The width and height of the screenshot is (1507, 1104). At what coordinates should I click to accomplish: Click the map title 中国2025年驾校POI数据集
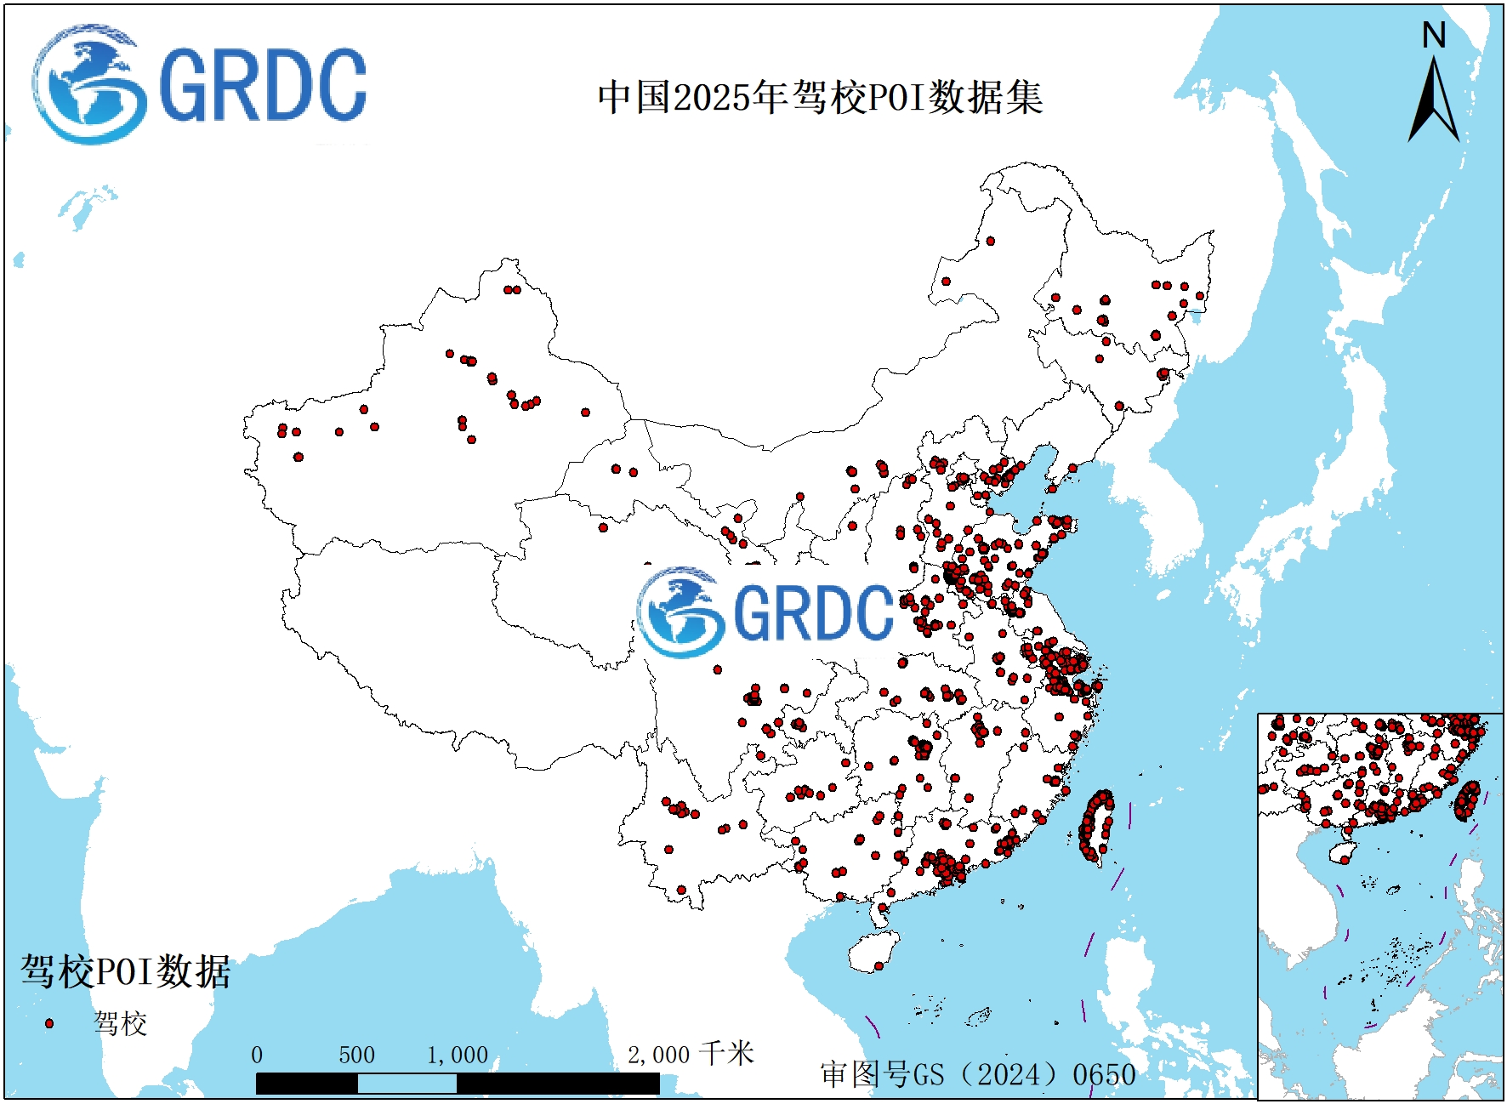[820, 97]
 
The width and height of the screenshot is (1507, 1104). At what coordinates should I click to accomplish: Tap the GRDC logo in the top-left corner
[201, 85]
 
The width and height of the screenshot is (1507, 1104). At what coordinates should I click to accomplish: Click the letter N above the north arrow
[1434, 36]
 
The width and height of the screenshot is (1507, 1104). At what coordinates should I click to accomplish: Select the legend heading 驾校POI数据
[126, 971]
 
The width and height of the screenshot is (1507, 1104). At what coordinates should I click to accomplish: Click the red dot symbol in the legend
[49, 1023]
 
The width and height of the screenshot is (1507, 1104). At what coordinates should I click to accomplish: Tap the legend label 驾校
[120, 1023]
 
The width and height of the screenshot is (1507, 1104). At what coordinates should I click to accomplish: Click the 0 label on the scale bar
[257, 1056]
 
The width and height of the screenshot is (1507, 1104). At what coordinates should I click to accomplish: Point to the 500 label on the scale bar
[356, 1056]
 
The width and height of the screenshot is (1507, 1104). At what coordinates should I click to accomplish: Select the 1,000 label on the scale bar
[458, 1056]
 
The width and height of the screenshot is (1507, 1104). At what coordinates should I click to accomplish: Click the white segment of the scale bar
[407, 1084]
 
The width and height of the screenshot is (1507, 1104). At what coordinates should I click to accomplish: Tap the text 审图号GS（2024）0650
[978, 1074]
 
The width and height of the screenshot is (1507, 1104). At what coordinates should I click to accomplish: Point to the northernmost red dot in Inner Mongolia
[990, 241]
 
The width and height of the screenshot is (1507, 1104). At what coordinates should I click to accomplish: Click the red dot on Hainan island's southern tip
[879, 966]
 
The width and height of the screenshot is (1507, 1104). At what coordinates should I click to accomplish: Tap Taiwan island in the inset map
[1468, 801]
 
